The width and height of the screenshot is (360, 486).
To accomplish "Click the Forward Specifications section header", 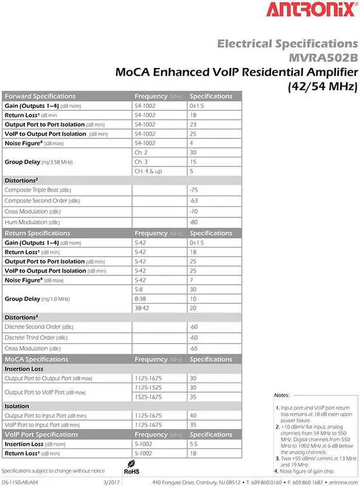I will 40,96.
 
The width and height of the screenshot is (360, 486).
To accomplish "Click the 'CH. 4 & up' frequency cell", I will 148,171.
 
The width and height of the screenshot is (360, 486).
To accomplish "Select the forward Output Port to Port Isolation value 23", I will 193,124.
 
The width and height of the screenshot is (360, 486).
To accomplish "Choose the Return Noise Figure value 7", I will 192,280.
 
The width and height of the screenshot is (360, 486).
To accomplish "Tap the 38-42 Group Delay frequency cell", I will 142,308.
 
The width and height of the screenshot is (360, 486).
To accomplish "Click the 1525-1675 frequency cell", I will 148,397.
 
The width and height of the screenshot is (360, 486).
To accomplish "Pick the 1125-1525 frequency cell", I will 148,388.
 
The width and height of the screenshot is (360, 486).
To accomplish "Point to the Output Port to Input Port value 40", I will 193,416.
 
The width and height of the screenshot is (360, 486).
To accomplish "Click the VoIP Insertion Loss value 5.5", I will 194,444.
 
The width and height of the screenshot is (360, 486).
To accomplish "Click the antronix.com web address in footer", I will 341,483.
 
